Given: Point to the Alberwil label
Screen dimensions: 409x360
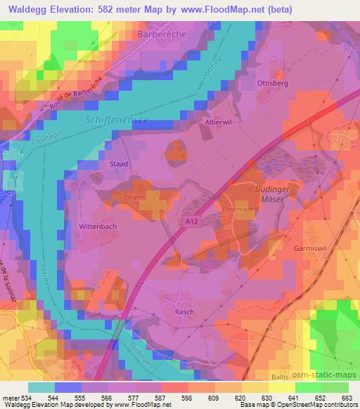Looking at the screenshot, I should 217,122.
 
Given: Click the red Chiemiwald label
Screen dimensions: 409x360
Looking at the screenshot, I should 256,208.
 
